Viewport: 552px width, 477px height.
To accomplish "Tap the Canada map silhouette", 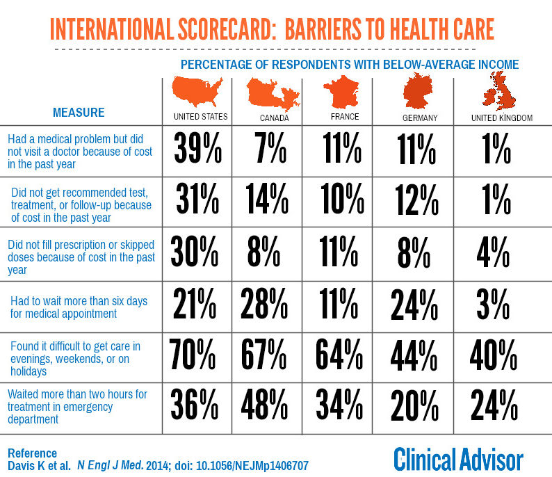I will (x=273, y=93).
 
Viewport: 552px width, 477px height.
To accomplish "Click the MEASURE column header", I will (x=79, y=113).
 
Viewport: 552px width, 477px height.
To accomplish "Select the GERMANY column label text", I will (x=420, y=118).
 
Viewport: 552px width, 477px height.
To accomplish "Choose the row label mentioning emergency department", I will (x=77, y=407).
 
